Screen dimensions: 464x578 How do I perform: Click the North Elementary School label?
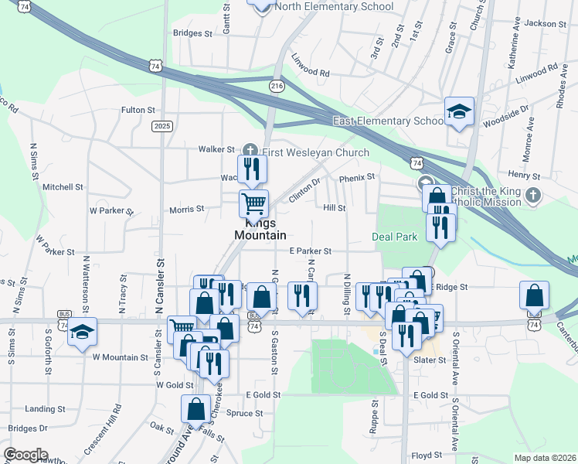tap(334, 7)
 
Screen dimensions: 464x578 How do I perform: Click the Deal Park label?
tap(394, 236)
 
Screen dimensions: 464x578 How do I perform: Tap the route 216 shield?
tap(276, 85)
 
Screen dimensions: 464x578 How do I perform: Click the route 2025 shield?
tap(162, 126)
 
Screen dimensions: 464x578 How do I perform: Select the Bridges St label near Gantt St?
tap(192, 33)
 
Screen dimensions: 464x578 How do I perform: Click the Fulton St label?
tap(138, 111)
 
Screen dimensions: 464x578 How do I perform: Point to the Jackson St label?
tap(540, 23)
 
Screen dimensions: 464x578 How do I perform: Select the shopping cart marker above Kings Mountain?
tap(253, 204)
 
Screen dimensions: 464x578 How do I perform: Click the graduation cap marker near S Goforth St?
tap(81, 332)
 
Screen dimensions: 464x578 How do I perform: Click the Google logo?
tap(25, 455)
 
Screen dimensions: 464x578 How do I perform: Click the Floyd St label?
tap(426, 455)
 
